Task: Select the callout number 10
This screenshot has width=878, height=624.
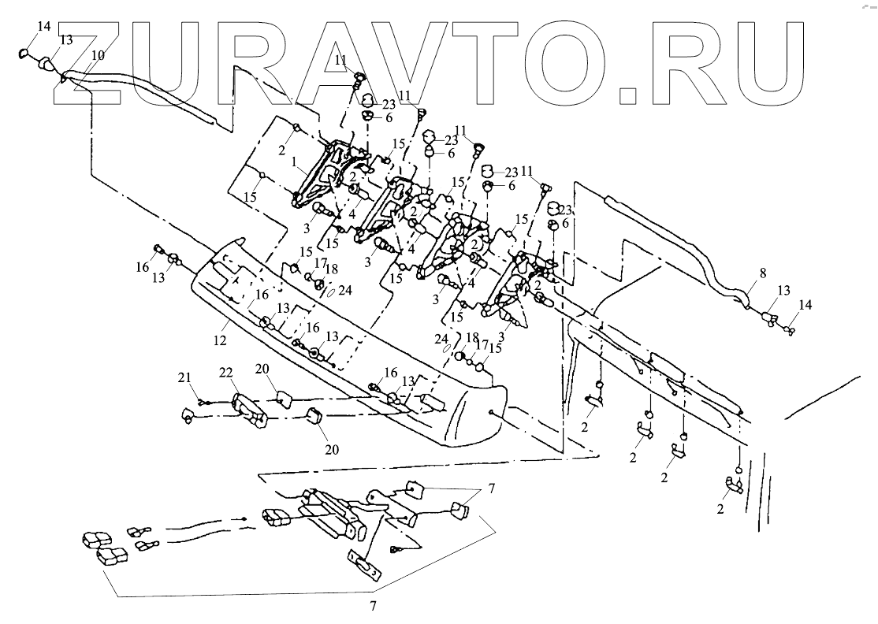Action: (97, 55)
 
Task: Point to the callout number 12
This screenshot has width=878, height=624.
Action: (220, 340)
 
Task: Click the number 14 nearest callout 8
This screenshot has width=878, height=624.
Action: (803, 304)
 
